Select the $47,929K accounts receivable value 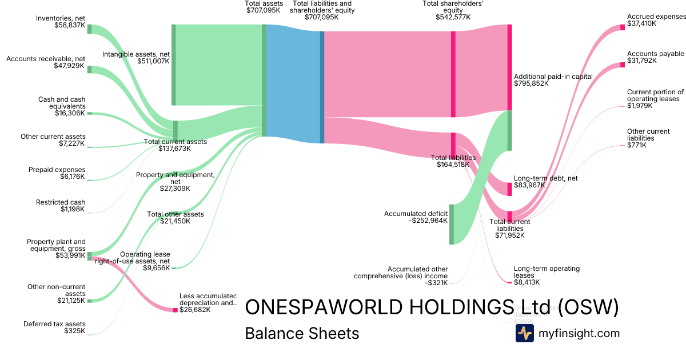(x=70, y=66)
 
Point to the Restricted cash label (x=61, y=202)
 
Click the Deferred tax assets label (x=54, y=324)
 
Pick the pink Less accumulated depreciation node (x=176, y=310)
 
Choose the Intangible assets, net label (x=136, y=54)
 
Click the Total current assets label (x=175, y=142)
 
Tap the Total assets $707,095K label (x=264, y=7)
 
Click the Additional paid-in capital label (x=553, y=77)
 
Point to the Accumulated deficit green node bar (x=451, y=224)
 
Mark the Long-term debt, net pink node (x=509, y=189)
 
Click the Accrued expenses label (x=656, y=17)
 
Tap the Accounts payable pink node (x=623, y=65)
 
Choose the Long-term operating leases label (x=547, y=271)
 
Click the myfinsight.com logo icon (x=524, y=333)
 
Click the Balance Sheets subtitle (x=302, y=333)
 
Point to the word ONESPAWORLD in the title (x=320, y=307)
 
